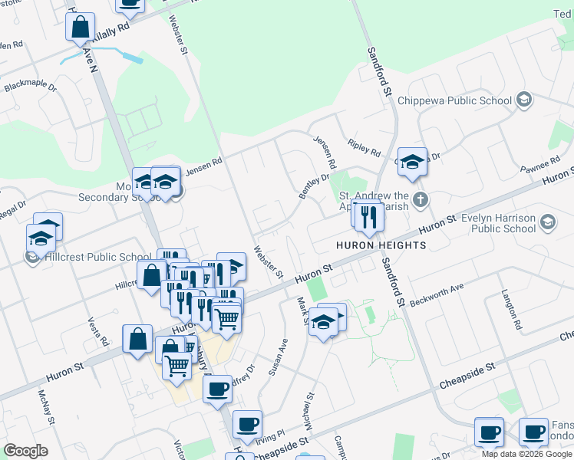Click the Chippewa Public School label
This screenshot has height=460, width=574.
tap(463, 100)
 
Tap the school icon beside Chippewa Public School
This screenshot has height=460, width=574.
tap(524, 100)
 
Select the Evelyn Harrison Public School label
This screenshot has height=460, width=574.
tap(499, 222)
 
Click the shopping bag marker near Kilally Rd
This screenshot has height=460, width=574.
tap(81, 28)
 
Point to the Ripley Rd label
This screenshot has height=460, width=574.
tap(364, 149)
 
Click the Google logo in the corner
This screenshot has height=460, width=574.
tap(26, 451)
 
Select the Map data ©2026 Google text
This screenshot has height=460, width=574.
tap(526, 454)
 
